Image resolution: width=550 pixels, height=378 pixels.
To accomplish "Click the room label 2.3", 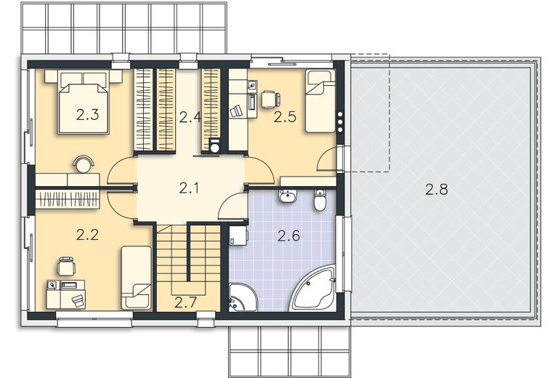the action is point(87,115).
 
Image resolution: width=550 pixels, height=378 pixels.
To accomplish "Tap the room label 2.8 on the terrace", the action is point(437,190).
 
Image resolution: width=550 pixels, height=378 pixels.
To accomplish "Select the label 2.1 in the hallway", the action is point(189,188).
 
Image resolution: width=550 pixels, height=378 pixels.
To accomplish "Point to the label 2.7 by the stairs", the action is point(185,302).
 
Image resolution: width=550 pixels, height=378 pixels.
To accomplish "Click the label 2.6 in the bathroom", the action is point(288,236).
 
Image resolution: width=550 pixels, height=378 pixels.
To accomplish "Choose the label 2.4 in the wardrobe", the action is point(190,117).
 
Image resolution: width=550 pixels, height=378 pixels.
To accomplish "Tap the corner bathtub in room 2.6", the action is point(313,289).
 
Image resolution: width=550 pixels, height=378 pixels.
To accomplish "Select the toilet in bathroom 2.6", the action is point(320,200).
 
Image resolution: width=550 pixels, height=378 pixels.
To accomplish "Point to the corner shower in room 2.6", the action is point(243,297).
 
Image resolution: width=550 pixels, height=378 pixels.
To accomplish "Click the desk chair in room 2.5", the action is point(270,99).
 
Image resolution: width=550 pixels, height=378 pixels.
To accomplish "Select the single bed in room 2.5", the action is point(320,101).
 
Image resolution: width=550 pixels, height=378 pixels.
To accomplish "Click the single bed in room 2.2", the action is point(136,278).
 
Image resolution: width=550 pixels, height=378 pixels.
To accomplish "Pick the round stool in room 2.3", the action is point(84,164).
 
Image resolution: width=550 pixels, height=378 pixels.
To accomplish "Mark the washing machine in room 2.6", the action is point(238,235).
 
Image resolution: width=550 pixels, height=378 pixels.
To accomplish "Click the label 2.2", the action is point(87,235).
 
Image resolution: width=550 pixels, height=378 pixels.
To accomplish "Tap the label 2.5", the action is point(285,117).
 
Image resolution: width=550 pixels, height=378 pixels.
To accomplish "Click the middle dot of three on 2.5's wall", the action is point(339,122).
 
